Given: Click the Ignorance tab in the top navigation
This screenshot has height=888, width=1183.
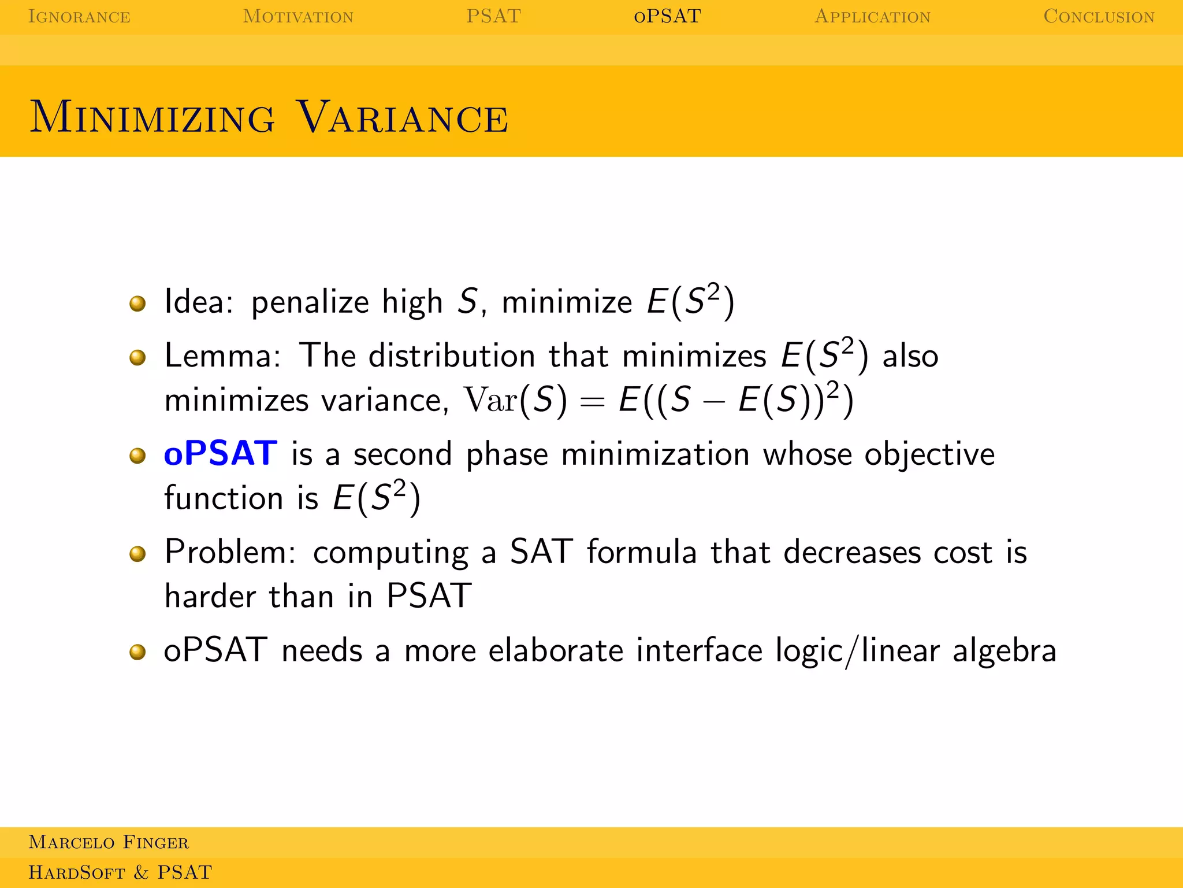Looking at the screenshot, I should (x=79, y=16).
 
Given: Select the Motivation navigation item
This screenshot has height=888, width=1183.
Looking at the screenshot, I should (x=298, y=16).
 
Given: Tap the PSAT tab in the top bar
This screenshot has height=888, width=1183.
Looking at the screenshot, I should (x=493, y=16).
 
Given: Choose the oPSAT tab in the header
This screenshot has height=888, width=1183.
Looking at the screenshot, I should (x=667, y=16).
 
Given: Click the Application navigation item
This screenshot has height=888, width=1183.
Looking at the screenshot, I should (x=872, y=16).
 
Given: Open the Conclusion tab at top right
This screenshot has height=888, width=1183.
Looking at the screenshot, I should (x=1099, y=16).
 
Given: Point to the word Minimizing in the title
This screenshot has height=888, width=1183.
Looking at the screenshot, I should (x=152, y=117).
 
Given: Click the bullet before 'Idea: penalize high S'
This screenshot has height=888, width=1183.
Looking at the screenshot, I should (x=137, y=303).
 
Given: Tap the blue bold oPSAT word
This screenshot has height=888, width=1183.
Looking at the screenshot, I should (x=221, y=453).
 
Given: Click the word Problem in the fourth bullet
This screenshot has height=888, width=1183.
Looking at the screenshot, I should (x=230, y=552).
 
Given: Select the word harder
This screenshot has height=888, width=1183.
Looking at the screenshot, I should (x=210, y=596).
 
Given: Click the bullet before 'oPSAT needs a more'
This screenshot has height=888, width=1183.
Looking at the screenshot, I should (x=137, y=652).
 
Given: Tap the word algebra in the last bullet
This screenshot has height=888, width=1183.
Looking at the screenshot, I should (x=1005, y=651).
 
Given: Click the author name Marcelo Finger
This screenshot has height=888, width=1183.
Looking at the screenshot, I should (x=109, y=842).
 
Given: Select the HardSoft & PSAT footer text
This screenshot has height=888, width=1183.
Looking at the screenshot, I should (x=120, y=872).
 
